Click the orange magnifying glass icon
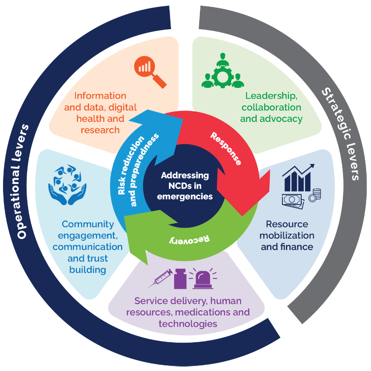(149, 71)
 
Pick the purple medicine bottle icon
(181, 278)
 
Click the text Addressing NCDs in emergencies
(185, 186)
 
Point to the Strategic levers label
(340, 134)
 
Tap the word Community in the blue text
(88, 224)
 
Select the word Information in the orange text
(100, 96)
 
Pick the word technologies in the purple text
(188, 324)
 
